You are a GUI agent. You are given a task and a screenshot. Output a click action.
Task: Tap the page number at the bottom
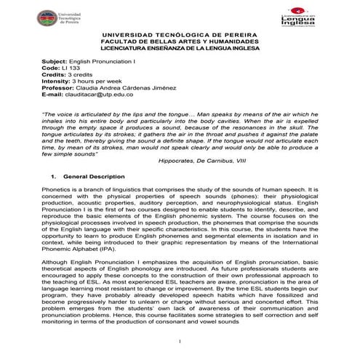(180, 342)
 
